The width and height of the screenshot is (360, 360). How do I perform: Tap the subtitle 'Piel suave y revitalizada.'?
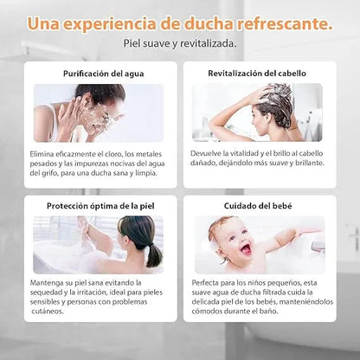[179, 42]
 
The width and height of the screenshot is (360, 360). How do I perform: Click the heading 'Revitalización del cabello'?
[257, 74]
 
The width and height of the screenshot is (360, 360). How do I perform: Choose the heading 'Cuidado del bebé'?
[257, 205]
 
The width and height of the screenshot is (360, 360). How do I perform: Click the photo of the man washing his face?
[98, 112]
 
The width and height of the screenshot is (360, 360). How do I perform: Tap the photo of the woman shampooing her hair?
[257, 112]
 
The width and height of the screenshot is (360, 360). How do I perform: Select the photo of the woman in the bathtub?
[98, 244]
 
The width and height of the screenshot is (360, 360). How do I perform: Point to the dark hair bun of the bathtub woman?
[154, 256]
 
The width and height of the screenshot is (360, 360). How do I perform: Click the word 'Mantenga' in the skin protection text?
[45, 283]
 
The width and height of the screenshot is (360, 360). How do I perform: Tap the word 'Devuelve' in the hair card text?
[209, 152]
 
